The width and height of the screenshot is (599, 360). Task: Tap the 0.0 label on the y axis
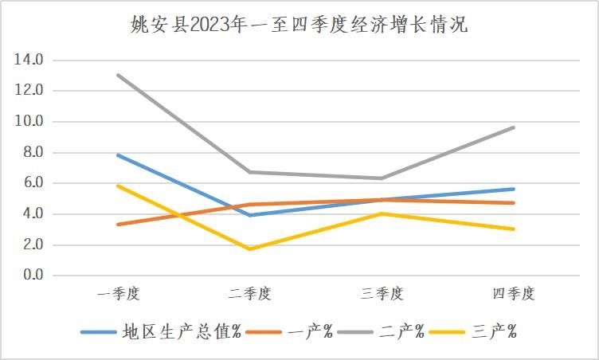coord(32,276)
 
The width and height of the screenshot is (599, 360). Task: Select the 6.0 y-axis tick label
coord(32,183)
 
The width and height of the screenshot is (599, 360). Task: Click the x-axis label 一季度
coord(119,294)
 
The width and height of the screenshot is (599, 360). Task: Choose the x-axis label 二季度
coord(250,294)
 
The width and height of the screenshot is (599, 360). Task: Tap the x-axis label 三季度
coord(382,294)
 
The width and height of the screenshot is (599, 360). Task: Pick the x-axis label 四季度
coord(514,294)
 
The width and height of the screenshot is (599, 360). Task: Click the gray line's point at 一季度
coord(119,75)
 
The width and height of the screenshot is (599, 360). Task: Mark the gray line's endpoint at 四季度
coord(514,127)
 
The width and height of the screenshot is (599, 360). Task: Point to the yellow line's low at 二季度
coord(250,249)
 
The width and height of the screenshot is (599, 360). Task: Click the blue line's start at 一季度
coord(119,155)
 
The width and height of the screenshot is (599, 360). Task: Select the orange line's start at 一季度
coord(119,225)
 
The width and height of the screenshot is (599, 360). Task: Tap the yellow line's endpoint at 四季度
coord(514,229)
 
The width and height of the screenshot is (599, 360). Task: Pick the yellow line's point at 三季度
coord(382,213)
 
